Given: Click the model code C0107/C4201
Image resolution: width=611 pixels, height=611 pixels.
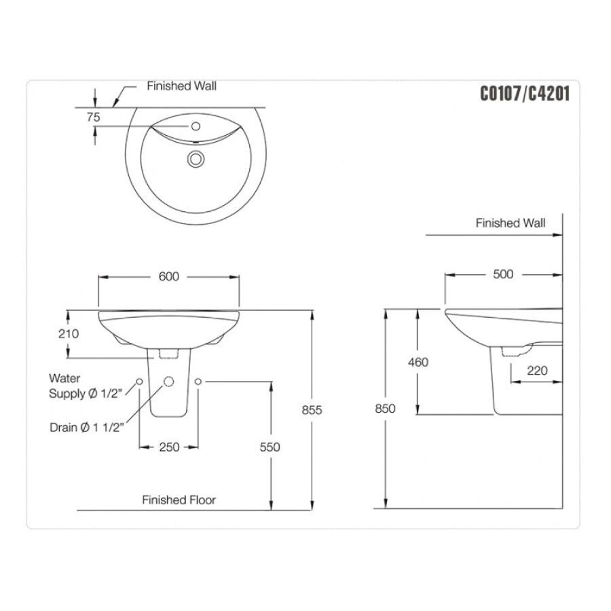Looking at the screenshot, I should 524,94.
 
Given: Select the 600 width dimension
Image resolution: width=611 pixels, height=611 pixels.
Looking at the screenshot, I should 168,276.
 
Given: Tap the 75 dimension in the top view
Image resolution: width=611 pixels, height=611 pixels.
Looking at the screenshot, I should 94,117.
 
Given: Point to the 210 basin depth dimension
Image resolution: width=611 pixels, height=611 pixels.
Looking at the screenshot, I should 69,333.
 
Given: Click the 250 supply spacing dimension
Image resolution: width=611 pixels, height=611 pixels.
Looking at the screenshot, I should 169,447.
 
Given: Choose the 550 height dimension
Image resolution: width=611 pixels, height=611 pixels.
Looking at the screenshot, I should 270,447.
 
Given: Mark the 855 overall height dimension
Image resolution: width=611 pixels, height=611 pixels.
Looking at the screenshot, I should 311,410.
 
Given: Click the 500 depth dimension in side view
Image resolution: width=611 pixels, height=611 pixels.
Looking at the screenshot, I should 504,274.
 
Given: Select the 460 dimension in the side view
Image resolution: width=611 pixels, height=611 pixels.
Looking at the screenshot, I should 418,362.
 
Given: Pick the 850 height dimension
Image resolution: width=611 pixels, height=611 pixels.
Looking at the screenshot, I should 384,409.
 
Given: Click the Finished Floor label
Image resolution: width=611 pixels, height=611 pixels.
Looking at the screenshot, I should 179,500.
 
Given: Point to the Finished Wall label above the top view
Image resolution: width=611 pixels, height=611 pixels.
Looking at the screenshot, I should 182,86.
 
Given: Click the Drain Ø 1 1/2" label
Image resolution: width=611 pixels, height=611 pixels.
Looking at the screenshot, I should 86,428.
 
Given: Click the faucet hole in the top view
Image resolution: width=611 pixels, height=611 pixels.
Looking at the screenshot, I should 196,126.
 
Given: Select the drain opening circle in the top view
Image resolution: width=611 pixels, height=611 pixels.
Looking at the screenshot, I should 196,159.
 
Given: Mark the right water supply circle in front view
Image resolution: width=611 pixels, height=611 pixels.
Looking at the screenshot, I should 199,382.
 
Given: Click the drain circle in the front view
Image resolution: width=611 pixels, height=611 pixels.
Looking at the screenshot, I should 168,382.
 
